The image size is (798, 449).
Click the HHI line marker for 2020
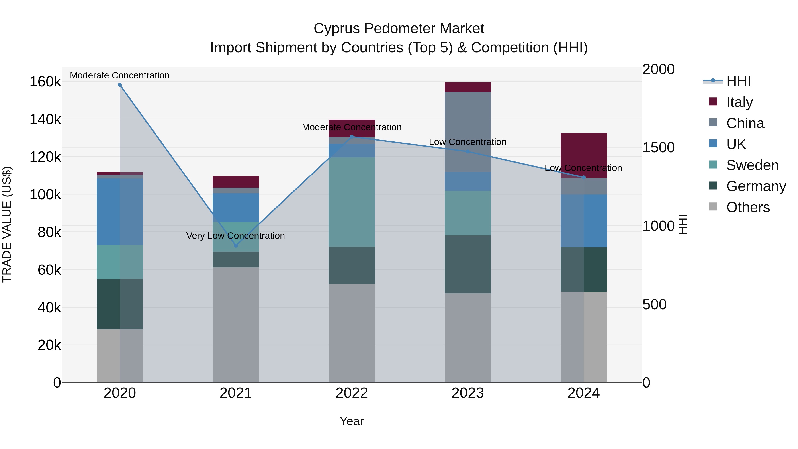pyautogui.click(x=120, y=85)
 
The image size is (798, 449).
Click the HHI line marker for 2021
pyautogui.click(x=236, y=245)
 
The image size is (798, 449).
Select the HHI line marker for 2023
pyautogui.click(x=468, y=151)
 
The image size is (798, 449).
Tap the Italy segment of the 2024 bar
pyautogui.click(x=584, y=155)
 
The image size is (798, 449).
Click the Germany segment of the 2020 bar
pyautogui.click(x=120, y=304)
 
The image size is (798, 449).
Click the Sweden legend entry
pyautogui.click(x=752, y=165)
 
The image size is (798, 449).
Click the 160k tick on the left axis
pyautogui.click(x=45, y=82)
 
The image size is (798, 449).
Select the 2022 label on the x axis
pyautogui.click(x=352, y=393)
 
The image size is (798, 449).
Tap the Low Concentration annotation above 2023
pyautogui.click(x=467, y=142)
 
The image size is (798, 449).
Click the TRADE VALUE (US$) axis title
pyautogui.click(x=7, y=224)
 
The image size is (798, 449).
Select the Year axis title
pyautogui.click(x=352, y=421)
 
